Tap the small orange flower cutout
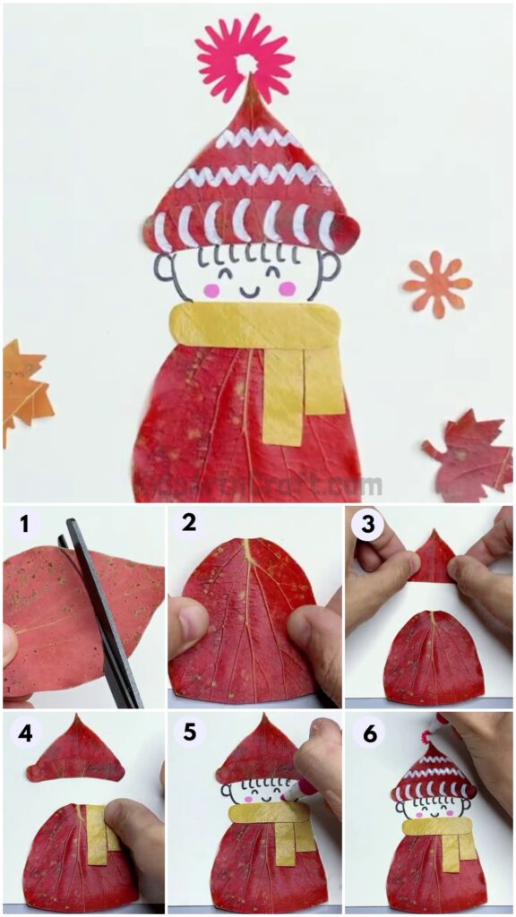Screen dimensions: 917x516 coord(436,285)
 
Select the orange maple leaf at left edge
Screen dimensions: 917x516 coord(21,389)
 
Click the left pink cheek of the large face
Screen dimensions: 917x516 coord(211,289)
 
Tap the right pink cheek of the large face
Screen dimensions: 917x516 coord(287,287)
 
